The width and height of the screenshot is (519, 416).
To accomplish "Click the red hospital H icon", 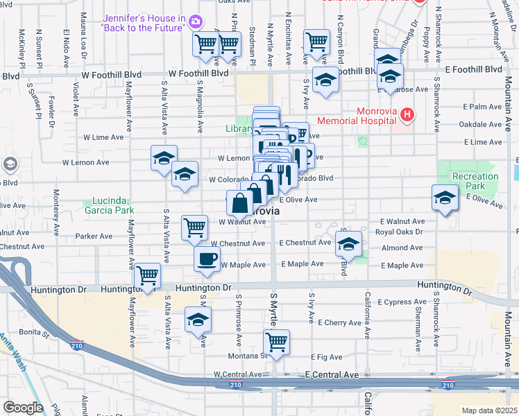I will (407, 114).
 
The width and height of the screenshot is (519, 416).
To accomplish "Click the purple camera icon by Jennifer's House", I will (196, 22).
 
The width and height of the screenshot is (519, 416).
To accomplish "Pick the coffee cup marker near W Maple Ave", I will (207, 259).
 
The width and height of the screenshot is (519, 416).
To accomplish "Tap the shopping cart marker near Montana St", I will (276, 341).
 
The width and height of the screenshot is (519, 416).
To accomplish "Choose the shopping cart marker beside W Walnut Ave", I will (195, 227).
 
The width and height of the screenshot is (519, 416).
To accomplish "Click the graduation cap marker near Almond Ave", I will (349, 243).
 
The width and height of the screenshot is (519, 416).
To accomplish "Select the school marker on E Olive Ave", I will (444, 198).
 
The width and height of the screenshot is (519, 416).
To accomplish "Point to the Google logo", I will (23, 408).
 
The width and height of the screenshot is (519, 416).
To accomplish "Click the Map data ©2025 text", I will (490, 410).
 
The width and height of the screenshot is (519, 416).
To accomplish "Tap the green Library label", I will (239, 128).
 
